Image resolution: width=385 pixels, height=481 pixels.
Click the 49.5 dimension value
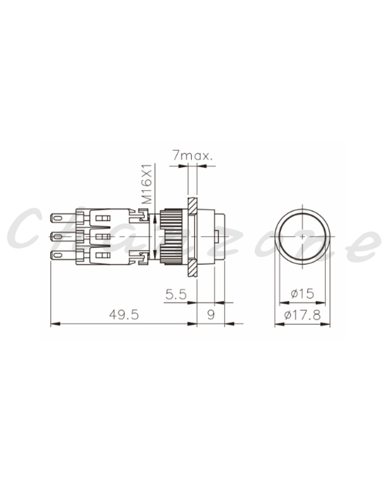(x=124, y=315)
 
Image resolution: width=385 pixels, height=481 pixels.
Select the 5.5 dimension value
(x=176, y=295)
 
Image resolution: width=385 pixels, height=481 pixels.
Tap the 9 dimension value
(x=211, y=315)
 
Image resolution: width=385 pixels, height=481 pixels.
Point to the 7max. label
(x=192, y=155)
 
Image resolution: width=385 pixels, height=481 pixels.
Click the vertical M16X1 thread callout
(x=148, y=184)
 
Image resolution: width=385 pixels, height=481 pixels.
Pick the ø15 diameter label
(x=303, y=293)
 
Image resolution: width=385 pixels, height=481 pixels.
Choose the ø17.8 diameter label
(x=303, y=315)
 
